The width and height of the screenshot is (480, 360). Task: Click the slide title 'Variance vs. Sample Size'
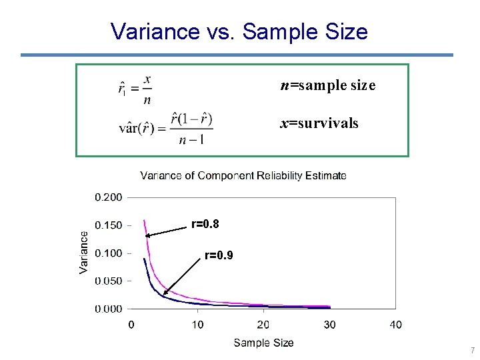[239, 31]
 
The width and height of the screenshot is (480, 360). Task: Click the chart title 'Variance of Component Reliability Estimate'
[243, 176]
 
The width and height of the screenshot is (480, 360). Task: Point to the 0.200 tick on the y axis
[108, 197]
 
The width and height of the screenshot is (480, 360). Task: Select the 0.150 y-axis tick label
[108, 225]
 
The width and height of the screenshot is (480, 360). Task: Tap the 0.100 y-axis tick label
[108, 253]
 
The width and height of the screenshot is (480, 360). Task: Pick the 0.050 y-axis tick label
[108, 281]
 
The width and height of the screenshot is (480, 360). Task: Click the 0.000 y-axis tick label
[108, 309]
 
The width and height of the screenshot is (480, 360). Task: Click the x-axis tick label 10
[197, 325]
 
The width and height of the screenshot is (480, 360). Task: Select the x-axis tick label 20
[263, 325]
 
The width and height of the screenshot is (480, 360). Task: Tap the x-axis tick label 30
[329, 325]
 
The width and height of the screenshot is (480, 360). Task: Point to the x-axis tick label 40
[395, 325]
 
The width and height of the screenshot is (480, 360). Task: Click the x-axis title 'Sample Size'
[263, 343]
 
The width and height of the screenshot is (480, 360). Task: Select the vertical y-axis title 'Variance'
[84, 252]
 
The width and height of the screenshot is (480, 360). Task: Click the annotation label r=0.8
[205, 225]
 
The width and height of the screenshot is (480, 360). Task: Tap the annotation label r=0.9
[219, 255]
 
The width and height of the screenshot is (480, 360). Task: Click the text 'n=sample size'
[328, 85]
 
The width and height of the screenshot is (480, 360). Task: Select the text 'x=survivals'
[319, 123]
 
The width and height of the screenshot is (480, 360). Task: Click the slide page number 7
[472, 351]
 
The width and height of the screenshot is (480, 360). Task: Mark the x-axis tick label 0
[131, 325]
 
